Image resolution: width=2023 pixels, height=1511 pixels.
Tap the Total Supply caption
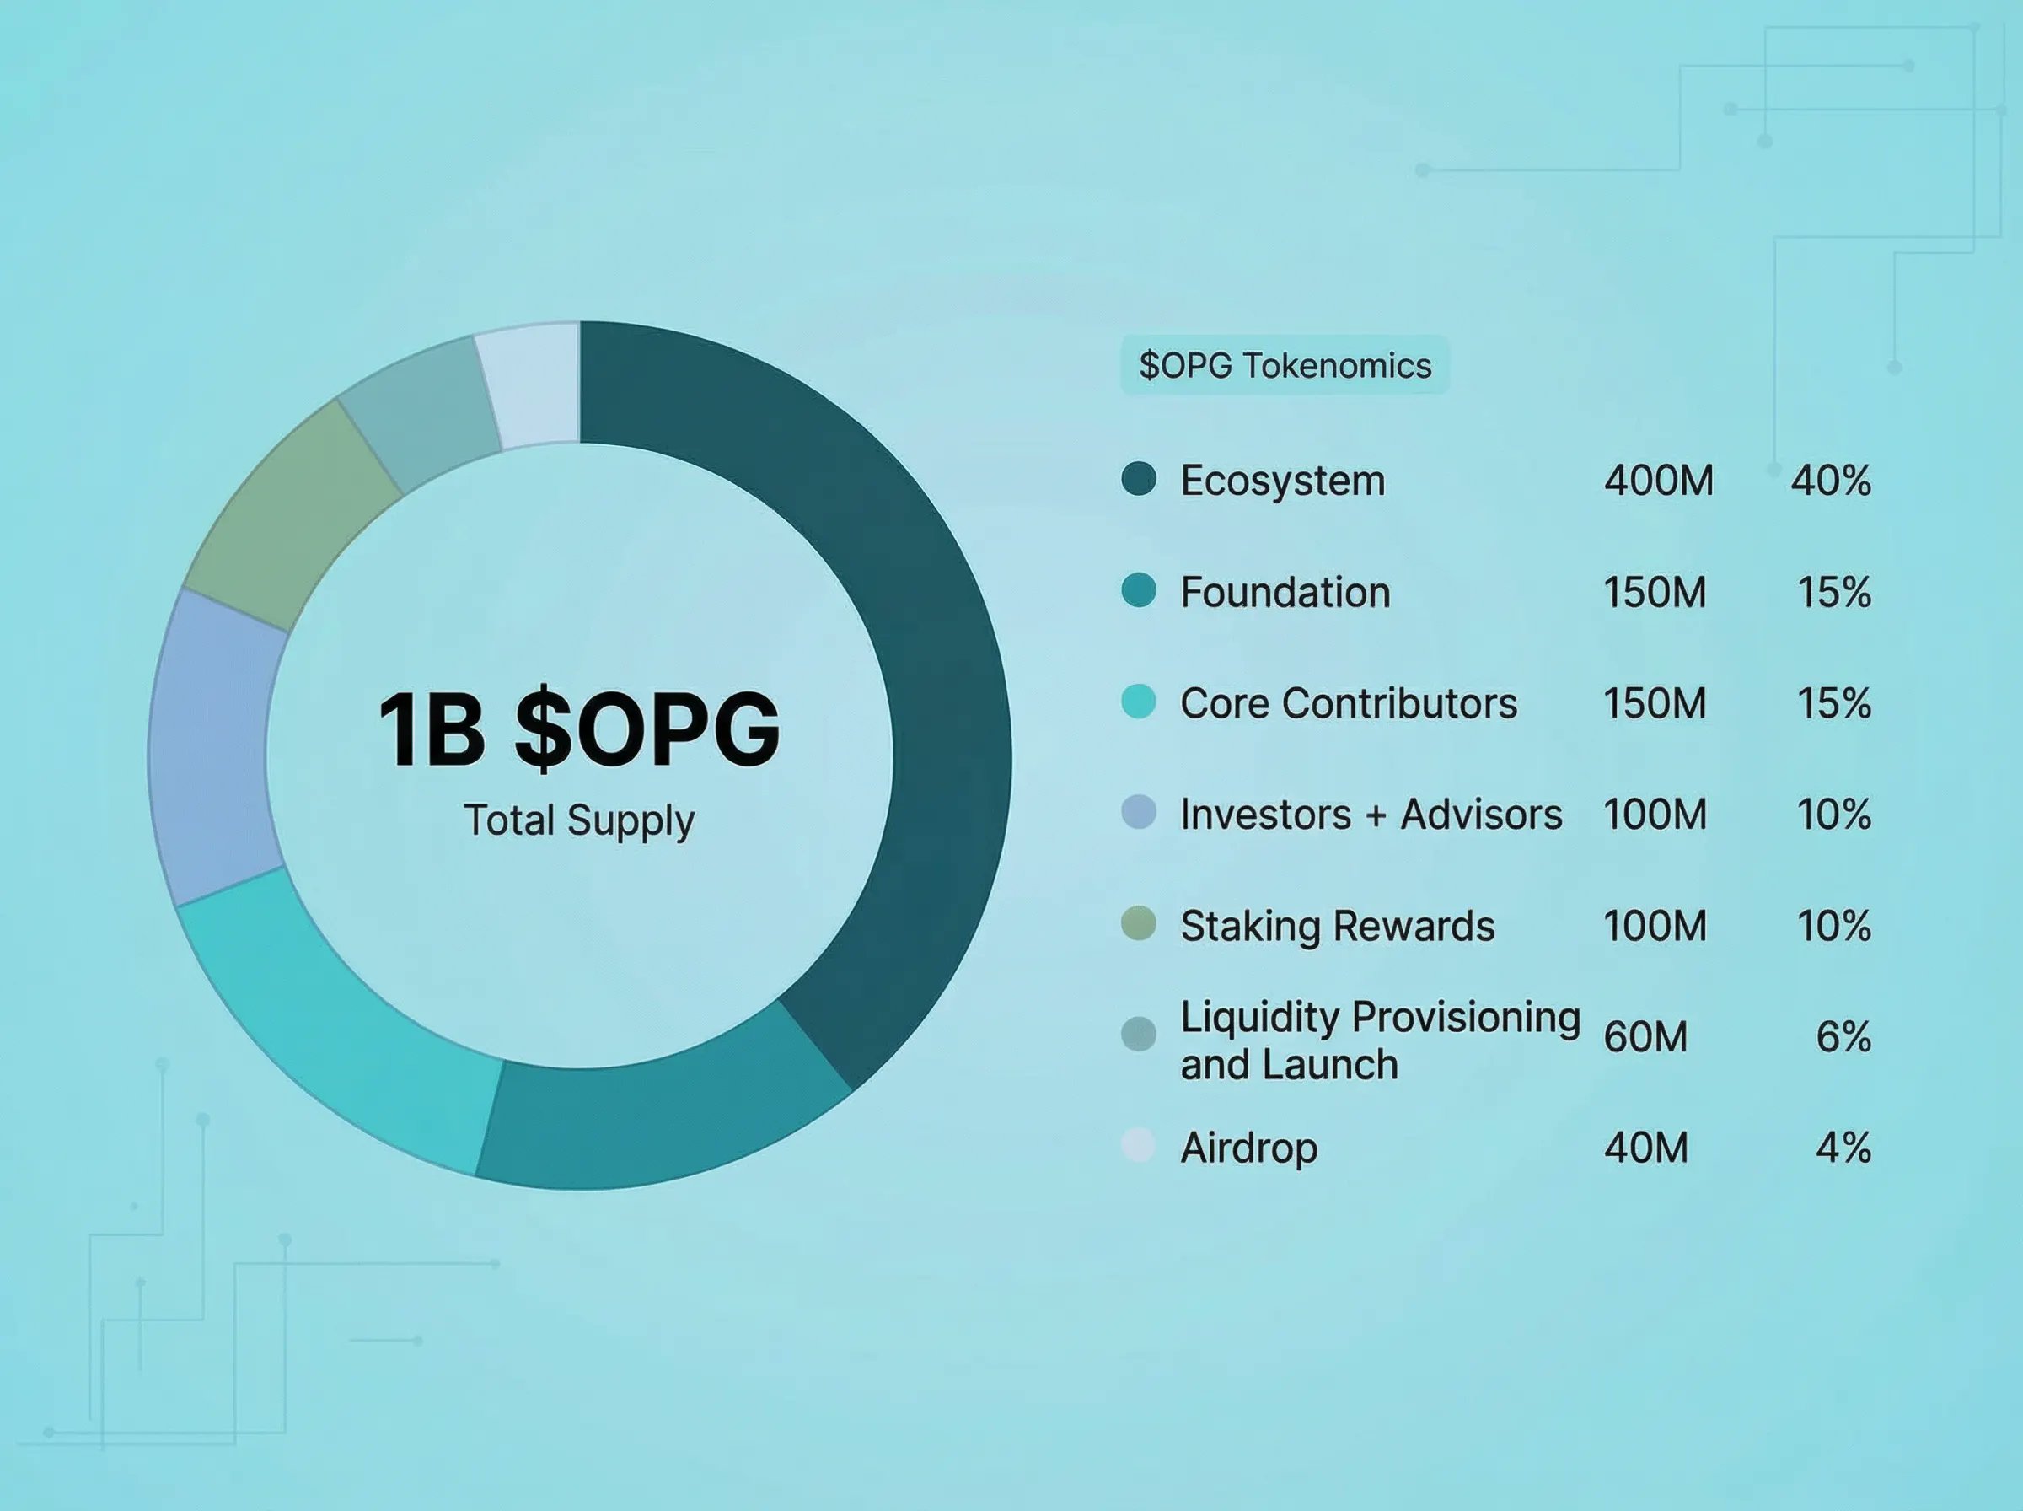pos(580,820)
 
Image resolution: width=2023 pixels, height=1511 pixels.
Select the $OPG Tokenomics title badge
pos(1285,365)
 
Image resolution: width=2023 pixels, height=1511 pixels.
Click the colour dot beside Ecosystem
pos(1139,478)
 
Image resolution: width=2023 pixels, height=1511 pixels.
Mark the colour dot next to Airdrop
pos(1139,1145)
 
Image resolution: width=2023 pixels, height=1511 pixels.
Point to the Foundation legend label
pos(1285,592)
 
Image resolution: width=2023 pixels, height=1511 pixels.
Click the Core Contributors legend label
pos(1349,703)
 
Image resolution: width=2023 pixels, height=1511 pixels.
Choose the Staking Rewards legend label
pos(1338,927)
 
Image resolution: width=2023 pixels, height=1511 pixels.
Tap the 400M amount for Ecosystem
pos(1658,480)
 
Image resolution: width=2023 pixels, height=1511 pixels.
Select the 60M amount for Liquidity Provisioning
pos(1645,1036)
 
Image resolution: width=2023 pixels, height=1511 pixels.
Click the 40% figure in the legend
pos(1830,480)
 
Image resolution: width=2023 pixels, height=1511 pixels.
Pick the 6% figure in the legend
pos(1843,1036)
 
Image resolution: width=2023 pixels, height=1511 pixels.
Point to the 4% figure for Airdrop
pos(1843,1147)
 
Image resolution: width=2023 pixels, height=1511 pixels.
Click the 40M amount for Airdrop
pos(1645,1147)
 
